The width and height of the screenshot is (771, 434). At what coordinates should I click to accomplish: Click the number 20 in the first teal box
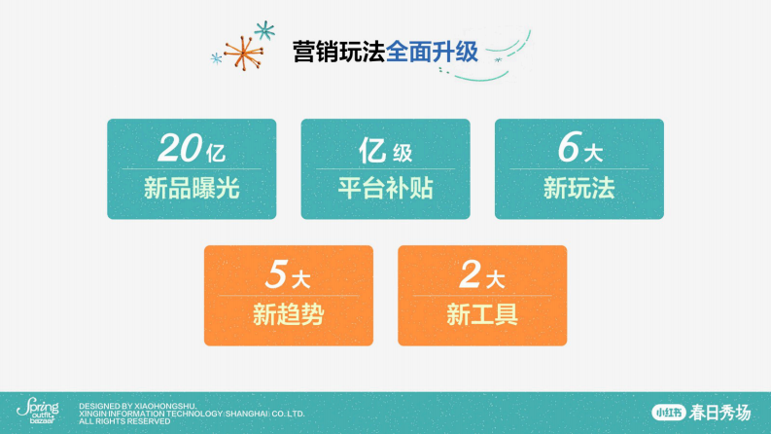179,148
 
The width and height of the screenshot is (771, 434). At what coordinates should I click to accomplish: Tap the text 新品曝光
192,188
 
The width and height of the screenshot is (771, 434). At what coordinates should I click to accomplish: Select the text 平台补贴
385,188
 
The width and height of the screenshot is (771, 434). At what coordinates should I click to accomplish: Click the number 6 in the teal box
569,148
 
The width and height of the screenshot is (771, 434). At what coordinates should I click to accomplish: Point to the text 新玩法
579,188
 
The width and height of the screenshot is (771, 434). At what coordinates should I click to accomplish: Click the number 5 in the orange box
277,275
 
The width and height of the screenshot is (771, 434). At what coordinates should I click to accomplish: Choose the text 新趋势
288,314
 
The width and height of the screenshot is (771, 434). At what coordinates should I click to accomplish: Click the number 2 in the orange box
471,275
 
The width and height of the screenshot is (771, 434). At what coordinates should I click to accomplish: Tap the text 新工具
482,314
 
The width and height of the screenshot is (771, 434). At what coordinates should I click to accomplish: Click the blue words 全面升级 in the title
433,52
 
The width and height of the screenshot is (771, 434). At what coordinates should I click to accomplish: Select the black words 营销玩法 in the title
338,52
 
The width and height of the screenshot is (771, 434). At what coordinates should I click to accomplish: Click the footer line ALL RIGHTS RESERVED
124,421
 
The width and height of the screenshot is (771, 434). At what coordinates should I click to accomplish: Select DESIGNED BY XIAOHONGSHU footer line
138,405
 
